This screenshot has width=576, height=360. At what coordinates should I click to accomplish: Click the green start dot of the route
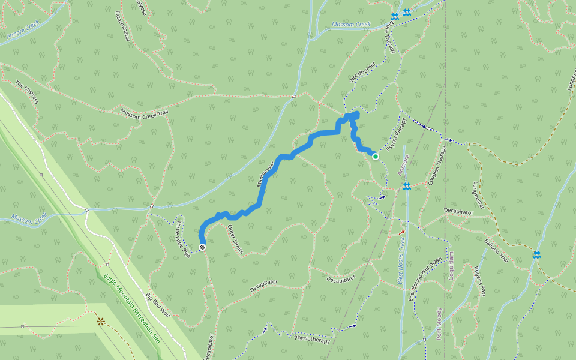pyautogui.click(x=376, y=157)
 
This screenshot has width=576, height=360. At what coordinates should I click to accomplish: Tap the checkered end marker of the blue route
pyautogui.click(x=203, y=247)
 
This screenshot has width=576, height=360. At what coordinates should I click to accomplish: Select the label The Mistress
pyautogui.click(x=27, y=92)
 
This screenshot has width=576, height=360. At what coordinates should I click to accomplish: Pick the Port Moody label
pyautogui.click(x=439, y=324)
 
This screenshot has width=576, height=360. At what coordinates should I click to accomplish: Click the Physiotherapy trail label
pyautogui.click(x=312, y=340)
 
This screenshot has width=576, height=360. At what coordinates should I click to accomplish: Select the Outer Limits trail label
pyautogui.click(x=235, y=239)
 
